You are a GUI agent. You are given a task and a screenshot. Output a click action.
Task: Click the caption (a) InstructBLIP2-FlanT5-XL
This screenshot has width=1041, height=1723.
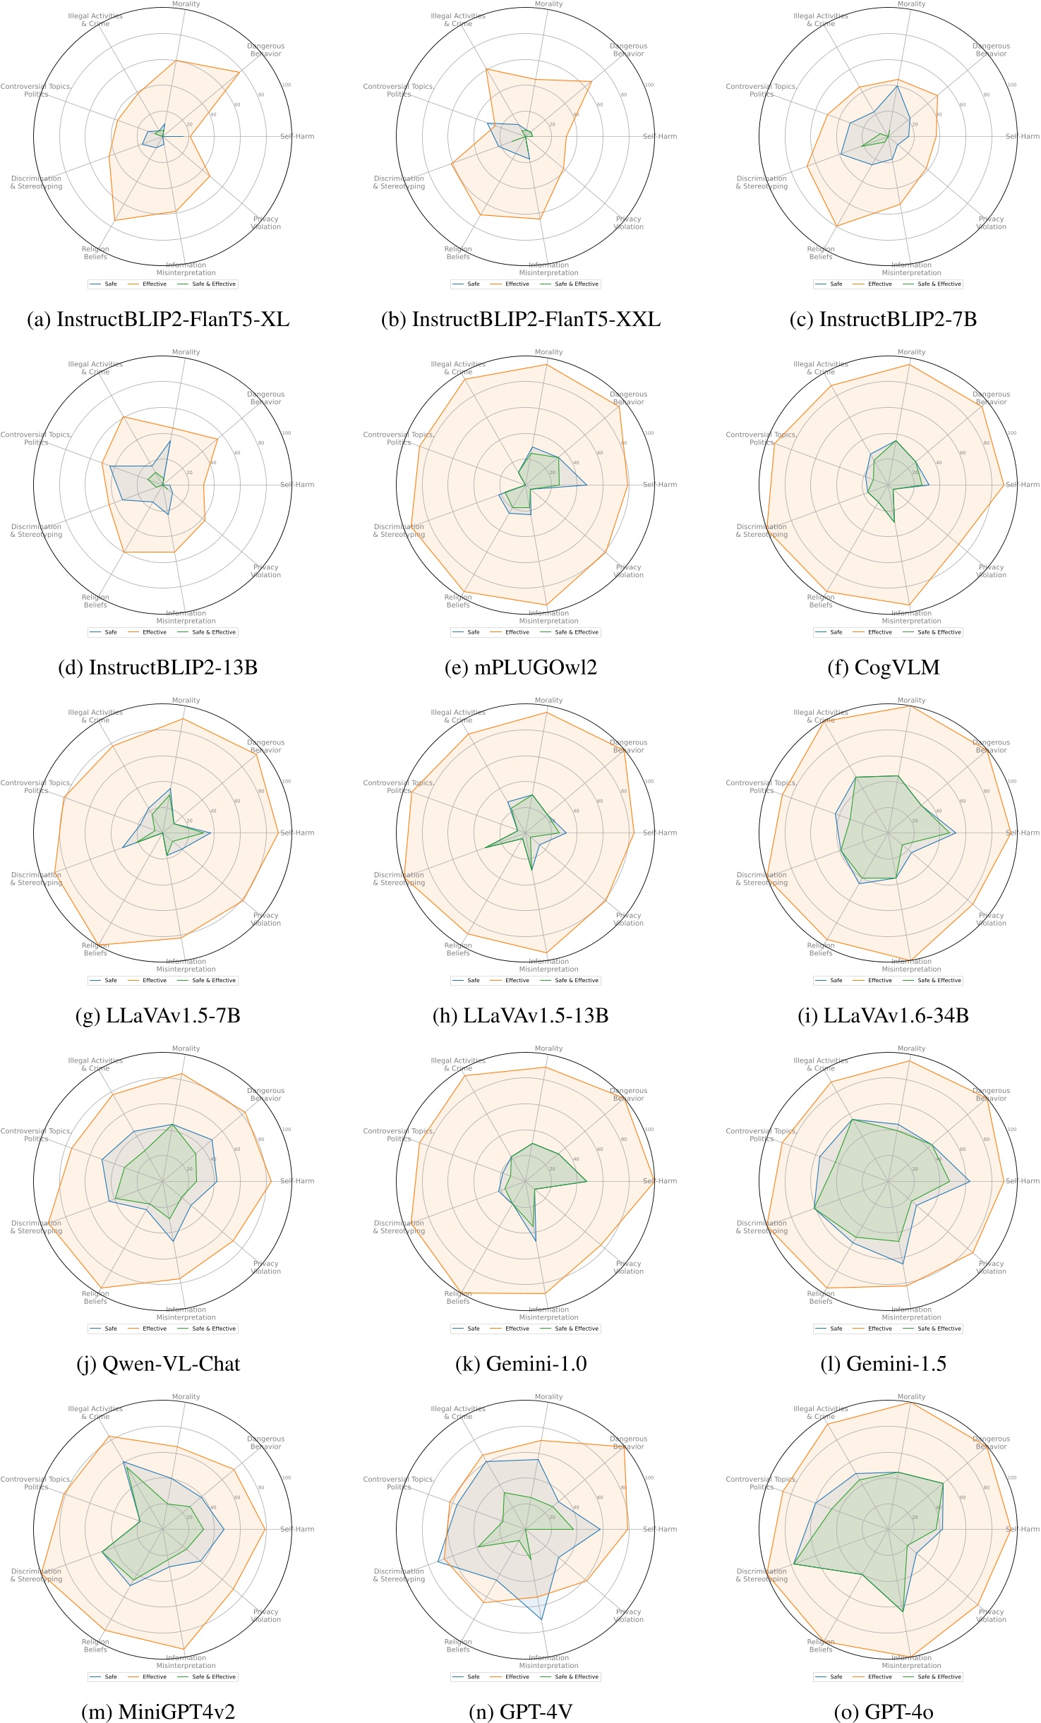(158, 320)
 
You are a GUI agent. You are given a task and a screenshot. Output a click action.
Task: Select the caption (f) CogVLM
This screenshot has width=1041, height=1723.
(884, 667)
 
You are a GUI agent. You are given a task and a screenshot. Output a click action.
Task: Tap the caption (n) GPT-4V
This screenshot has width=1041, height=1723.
(521, 1712)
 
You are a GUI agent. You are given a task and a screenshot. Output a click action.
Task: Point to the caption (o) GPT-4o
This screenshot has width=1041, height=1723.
(884, 1712)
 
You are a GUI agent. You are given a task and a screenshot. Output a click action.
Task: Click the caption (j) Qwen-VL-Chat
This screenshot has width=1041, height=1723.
(158, 1364)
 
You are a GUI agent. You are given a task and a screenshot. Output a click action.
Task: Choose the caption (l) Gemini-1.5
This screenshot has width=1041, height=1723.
(884, 1364)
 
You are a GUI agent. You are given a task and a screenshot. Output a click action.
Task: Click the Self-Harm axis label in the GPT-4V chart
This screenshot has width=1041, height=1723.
(660, 1529)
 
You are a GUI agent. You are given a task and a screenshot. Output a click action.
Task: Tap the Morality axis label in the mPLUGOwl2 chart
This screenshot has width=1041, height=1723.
(548, 352)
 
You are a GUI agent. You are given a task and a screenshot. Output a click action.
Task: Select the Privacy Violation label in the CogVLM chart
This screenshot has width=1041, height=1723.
(991, 571)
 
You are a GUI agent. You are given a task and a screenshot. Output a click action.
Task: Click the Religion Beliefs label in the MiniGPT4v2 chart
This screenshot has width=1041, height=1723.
(95, 1645)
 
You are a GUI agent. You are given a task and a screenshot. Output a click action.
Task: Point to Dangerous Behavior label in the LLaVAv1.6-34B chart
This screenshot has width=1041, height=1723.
(991, 746)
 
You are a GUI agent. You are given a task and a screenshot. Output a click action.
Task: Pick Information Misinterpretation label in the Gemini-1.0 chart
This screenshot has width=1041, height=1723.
(548, 1313)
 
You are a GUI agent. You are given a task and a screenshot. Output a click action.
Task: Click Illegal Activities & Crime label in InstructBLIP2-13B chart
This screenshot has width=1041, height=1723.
(95, 368)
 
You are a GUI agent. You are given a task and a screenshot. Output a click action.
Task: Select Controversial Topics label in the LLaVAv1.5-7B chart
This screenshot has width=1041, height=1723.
(36, 787)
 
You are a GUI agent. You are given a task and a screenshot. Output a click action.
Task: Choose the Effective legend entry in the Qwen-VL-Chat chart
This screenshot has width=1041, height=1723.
(154, 1329)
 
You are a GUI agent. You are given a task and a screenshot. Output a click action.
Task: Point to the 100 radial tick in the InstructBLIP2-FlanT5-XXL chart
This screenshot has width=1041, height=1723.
(649, 85)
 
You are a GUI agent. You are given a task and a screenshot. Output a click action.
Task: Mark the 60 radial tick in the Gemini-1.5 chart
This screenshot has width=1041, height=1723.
(963, 1149)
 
